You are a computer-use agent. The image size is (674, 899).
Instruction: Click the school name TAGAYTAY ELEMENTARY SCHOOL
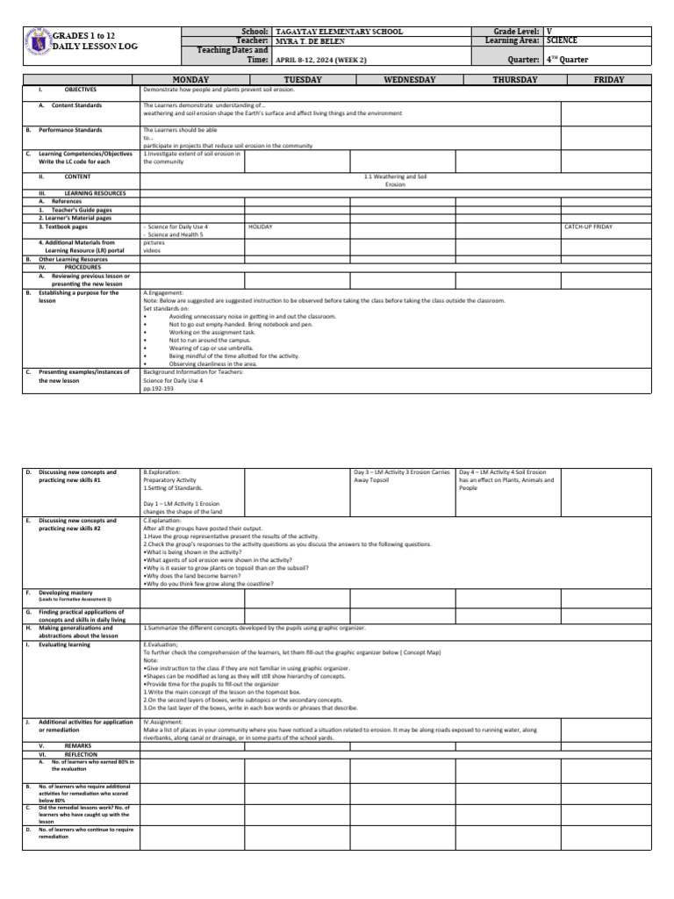[339, 32]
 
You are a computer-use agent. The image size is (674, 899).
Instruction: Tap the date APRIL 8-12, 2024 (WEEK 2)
[323, 60]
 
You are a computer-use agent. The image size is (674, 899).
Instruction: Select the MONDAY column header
[191, 80]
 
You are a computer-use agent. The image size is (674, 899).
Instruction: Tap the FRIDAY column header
[608, 80]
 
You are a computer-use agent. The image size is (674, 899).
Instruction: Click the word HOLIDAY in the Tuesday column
[261, 227]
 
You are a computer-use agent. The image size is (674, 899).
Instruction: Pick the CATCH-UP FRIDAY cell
[589, 227]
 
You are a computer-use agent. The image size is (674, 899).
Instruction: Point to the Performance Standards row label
[69, 129]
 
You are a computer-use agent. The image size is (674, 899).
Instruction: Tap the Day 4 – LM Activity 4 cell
[506, 480]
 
